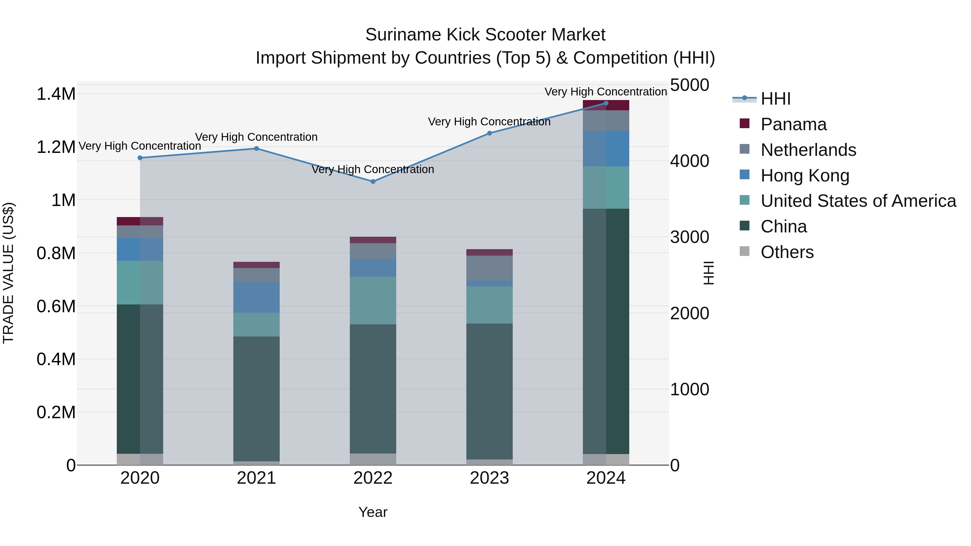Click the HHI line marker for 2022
pos(373,182)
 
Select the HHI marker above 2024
pos(606,103)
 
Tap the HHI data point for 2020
pos(140,158)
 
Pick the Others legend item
pos(787,252)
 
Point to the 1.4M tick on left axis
pos(56,94)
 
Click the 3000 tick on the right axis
pos(689,237)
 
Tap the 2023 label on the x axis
pos(489,478)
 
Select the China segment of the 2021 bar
pos(256,399)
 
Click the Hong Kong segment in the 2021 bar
pos(256,297)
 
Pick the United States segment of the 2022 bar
pos(373,300)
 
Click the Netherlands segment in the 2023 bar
pos(489,268)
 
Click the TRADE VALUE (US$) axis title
pos(8,273)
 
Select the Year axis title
pos(373,512)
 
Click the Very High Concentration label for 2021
pos(256,137)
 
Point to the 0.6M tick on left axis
pos(56,306)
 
